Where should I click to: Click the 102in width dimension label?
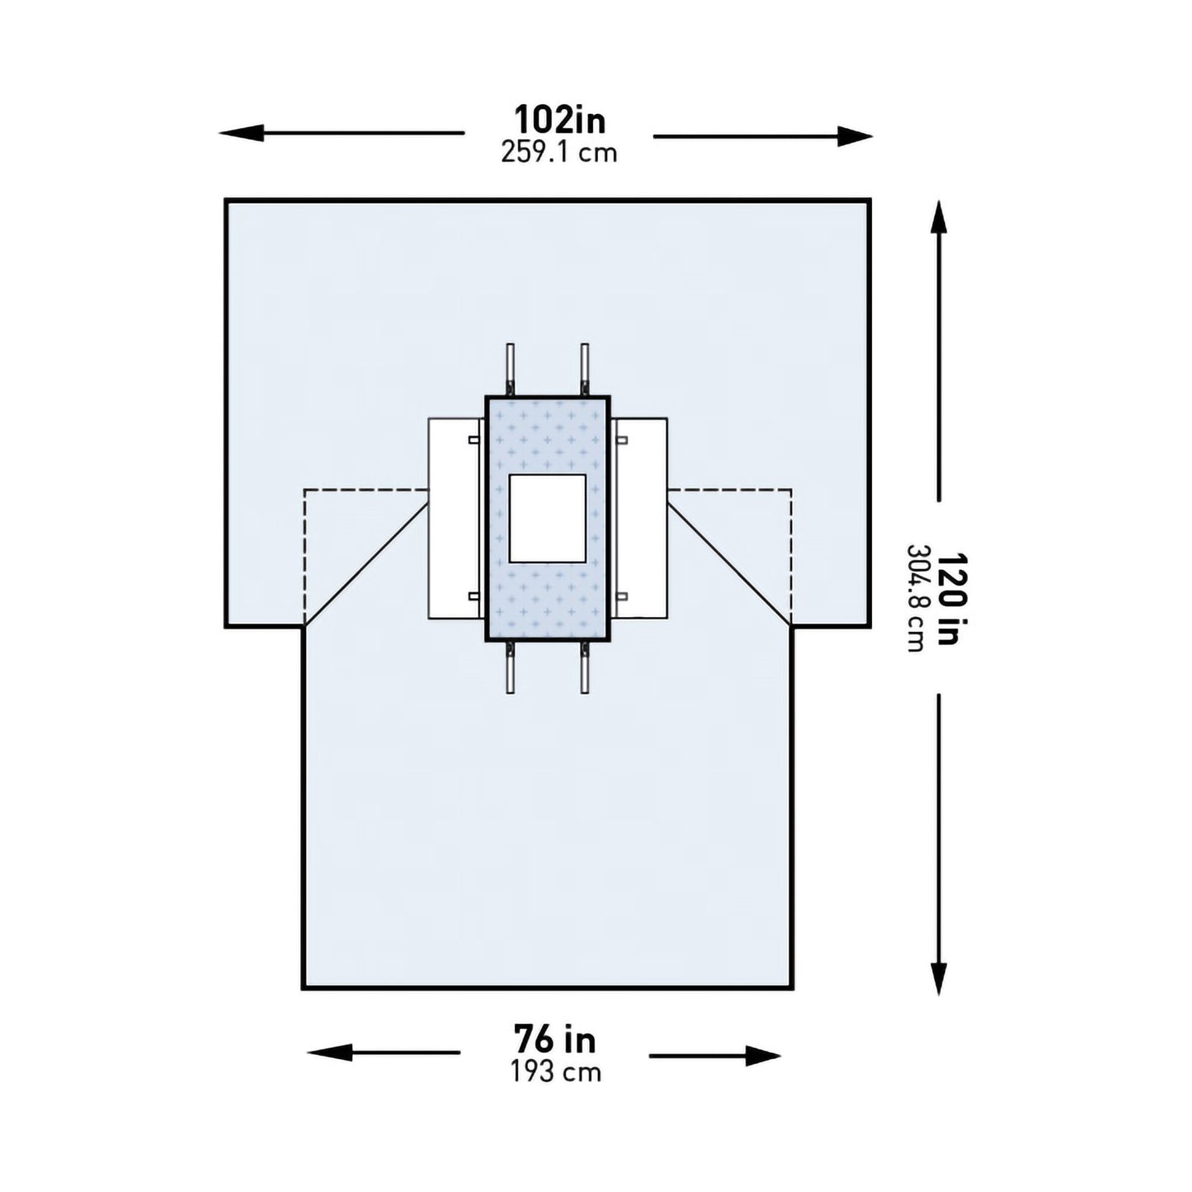click(x=559, y=120)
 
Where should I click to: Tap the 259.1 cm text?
click(x=559, y=153)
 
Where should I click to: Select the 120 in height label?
click(x=948, y=598)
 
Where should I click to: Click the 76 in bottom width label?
click(x=554, y=1039)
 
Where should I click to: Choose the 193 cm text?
click(x=554, y=1072)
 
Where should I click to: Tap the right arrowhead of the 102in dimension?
click(x=853, y=137)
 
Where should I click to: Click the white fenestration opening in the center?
click(x=548, y=518)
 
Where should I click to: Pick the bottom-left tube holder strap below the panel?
click(x=511, y=668)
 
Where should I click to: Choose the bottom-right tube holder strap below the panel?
click(x=584, y=668)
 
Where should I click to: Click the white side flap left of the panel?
click(x=452, y=518)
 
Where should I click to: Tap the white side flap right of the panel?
click(x=642, y=518)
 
